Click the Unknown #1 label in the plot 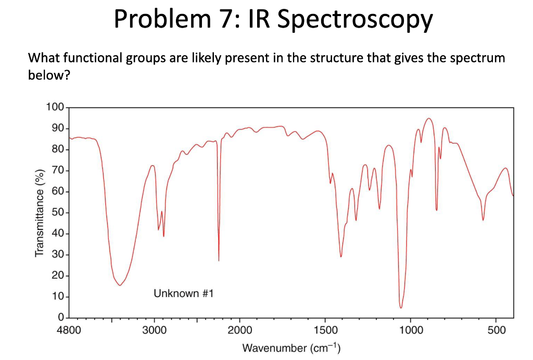(184, 294)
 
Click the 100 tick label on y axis (55, 108)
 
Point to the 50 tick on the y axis (57, 213)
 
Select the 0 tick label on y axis (60, 317)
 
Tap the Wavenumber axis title (291, 348)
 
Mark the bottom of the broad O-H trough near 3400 (120, 285)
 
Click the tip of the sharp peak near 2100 (219, 261)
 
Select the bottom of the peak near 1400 (341, 256)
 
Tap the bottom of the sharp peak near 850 (437, 210)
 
